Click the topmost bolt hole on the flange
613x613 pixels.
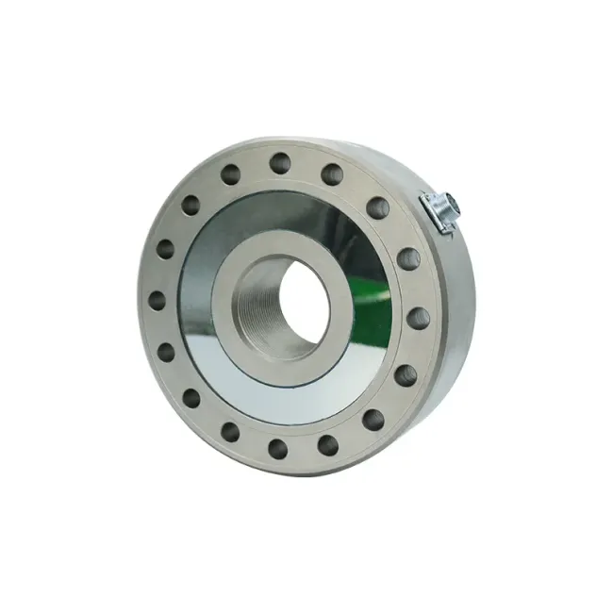click(279, 162)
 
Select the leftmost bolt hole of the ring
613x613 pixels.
click(157, 301)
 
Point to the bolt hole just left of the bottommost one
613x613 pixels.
click(231, 433)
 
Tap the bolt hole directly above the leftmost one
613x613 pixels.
click(165, 250)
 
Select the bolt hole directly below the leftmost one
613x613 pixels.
click(167, 353)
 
